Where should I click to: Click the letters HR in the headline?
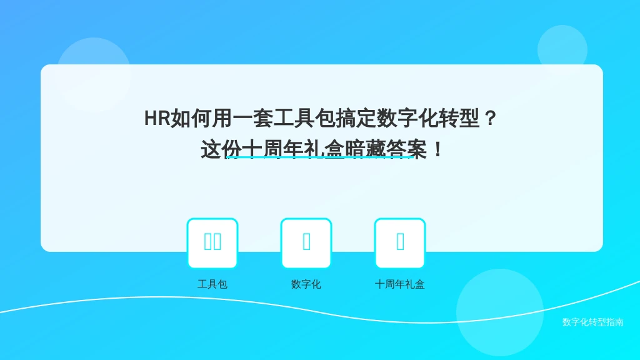pos(157,118)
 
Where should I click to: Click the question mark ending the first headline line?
pos(490,118)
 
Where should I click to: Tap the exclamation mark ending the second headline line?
pos(438,149)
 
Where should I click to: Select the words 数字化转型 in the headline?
pos(427,118)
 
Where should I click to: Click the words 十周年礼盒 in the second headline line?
pos(293,149)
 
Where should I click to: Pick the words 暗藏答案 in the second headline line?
pos(386,149)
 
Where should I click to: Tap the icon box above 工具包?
pos(212,243)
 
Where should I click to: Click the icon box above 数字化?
pos(306,243)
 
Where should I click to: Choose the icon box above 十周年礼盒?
pos(400,243)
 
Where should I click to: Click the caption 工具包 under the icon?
pos(212,284)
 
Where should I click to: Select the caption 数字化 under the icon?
pos(306,284)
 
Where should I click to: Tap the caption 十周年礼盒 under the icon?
pos(400,284)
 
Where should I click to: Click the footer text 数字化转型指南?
pos(593,322)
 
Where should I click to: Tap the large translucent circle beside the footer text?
pos(500,312)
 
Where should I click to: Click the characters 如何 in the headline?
pos(191,118)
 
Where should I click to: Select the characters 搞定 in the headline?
pos(356,118)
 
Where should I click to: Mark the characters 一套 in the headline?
pos(252,118)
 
